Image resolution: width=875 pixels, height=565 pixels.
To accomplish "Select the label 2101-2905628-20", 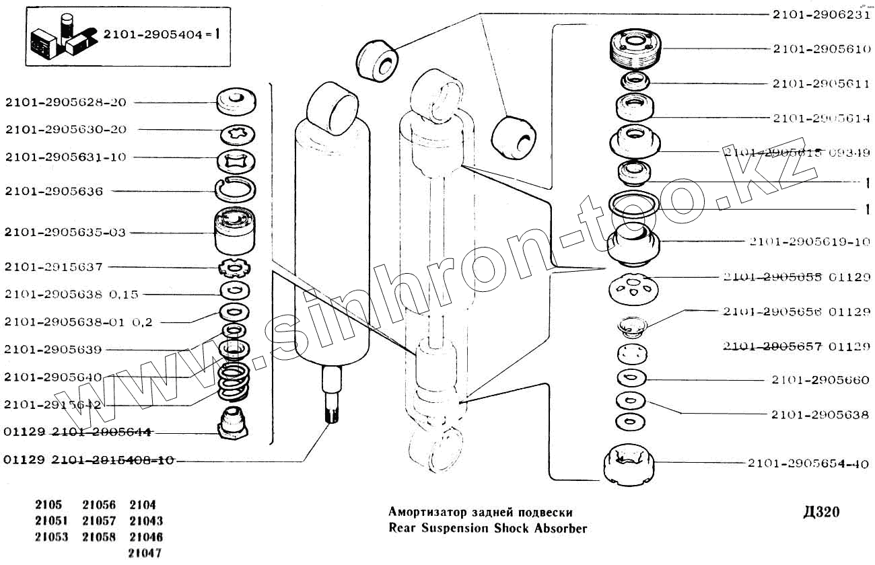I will (65, 102).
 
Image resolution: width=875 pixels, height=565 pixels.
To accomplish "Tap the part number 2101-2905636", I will (54, 192).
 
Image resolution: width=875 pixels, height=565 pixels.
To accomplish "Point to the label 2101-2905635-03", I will (65, 233).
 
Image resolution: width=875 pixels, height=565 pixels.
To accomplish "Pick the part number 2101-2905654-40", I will (808, 463).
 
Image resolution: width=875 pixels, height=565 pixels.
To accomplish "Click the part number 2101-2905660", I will (820, 380).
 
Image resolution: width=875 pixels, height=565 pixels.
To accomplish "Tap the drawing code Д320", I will (820, 513).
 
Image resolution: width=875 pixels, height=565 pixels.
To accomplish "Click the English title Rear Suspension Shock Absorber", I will (488, 528).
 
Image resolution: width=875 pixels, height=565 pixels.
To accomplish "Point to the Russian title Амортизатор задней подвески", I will (481, 513).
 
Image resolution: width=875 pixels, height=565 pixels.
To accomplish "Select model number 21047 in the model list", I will (145, 554).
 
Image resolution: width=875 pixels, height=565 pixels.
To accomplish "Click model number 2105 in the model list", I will (48, 504).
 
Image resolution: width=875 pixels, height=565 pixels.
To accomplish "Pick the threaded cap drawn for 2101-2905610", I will (635, 50).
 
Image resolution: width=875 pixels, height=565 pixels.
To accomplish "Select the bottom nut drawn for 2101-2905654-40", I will (629, 463).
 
